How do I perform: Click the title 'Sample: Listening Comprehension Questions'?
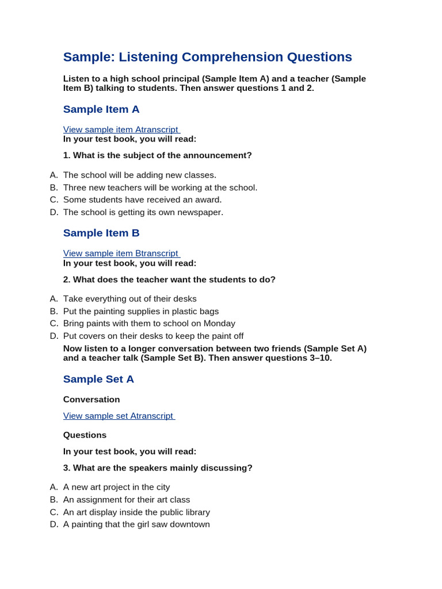click(207, 57)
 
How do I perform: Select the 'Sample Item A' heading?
click(101, 109)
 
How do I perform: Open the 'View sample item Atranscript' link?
click(121, 129)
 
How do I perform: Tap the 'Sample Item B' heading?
click(101, 233)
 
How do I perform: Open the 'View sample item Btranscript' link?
click(121, 253)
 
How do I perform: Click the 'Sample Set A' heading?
click(98, 379)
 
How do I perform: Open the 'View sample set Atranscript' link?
click(119, 415)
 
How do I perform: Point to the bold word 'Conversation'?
click(92, 399)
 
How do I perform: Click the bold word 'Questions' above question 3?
click(85, 435)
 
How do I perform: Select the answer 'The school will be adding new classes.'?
click(140, 175)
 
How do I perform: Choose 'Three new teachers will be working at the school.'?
click(160, 188)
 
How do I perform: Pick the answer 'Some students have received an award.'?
click(142, 200)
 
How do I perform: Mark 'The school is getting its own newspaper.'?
click(143, 212)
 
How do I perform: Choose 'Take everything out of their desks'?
click(129, 299)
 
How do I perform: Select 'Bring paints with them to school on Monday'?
click(149, 323)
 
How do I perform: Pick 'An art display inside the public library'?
click(136, 512)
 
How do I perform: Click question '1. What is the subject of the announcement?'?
click(157, 155)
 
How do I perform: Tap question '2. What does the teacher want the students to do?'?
click(169, 280)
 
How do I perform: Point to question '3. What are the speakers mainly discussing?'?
click(158, 468)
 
